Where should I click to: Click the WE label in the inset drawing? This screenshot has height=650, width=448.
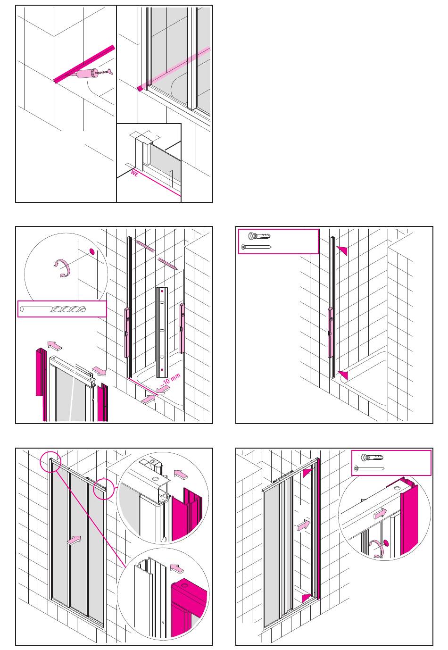coord(134,175)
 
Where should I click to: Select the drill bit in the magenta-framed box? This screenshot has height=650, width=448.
coord(61,309)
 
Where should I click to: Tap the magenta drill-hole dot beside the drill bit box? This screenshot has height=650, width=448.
coord(92,251)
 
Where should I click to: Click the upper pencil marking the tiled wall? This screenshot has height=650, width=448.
coord(145,246)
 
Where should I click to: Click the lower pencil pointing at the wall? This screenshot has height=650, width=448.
coord(168,264)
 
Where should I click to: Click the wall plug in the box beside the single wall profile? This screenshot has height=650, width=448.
coord(260,236)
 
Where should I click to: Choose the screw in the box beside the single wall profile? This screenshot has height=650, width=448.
coord(256,247)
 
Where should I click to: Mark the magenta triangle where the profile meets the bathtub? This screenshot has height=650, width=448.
coord(343,375)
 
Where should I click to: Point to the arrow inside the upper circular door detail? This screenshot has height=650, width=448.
coord(181,473)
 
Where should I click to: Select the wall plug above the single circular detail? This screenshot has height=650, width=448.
coord(372,458)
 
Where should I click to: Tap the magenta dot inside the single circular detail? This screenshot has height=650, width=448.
coord(386,542)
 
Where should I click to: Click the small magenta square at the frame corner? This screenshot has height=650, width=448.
coord(140,88)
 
